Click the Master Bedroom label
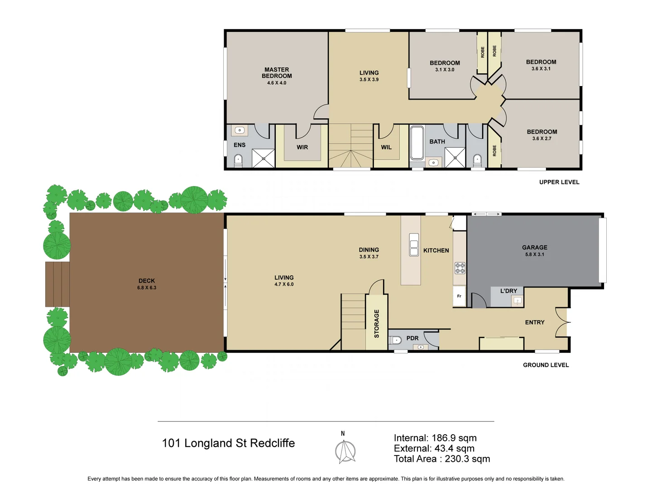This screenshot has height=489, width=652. [x=277, y=73]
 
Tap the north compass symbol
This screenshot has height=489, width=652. [x=345, y=451]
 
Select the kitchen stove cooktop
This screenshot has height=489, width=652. [x=460, y=268]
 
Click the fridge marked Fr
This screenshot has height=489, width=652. [x=459, y=296]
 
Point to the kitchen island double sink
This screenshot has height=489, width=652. [x=414, y=244]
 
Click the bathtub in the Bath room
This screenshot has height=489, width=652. [x=417, y=143]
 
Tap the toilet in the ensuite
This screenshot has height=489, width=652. [x=238, y=160]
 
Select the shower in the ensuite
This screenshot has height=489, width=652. [x=263, y=158]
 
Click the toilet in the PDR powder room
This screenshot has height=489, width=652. [x=396, y=340]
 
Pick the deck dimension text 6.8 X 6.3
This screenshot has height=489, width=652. [x=147, y=288]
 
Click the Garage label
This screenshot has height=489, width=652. [x=534, y=248]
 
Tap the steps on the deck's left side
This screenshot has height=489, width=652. [x=58, y=284]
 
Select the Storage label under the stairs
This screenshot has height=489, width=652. [x=376, y=323]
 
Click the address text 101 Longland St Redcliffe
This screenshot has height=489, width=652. [x=228, y=443]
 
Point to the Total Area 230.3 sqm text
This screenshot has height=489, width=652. [x=441, y=459]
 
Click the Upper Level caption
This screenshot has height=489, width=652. [x=559, y=182]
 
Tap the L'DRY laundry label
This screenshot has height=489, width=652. [x=508, y=291]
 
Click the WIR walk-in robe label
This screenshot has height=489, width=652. [x=302, y=147]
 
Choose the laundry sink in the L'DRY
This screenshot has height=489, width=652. [x=517, y=301]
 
